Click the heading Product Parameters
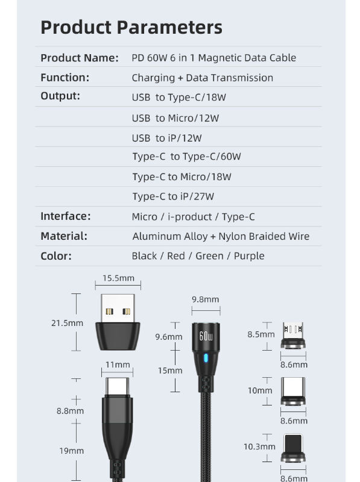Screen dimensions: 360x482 click(x=131, y=27)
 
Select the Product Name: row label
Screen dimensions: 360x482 click(x=80, y=58)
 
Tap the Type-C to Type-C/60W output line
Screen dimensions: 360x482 click(x=186, y=157)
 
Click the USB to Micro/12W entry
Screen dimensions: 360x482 click(x=175, y=118)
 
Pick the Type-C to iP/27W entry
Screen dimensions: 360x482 click(x=173, y=196)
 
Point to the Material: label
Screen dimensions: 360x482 click(x=64, y=236)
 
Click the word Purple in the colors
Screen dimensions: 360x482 click(x=249, y=256)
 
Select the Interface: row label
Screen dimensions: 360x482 click(x=66, y=216)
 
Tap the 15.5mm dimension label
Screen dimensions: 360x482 click(x=118, y=278)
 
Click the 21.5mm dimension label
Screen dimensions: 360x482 click(x=67, y=323)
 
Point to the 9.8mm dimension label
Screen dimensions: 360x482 click(x=206, y=299)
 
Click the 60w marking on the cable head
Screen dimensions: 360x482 click(x=206, y=336)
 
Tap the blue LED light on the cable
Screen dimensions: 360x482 click(x=206, y=358)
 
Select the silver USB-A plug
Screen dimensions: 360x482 click(x=118, y=308)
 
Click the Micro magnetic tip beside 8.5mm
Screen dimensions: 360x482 click(x=293, y=336)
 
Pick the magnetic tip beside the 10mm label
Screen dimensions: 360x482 click(x=293, y=391)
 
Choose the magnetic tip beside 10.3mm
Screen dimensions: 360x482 click(x=293, y=448)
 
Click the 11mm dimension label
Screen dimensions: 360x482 click(x=118, y=365)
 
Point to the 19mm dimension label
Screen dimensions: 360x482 click(x=71, y=451)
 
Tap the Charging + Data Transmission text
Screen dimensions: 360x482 click(x=203, y=78)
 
